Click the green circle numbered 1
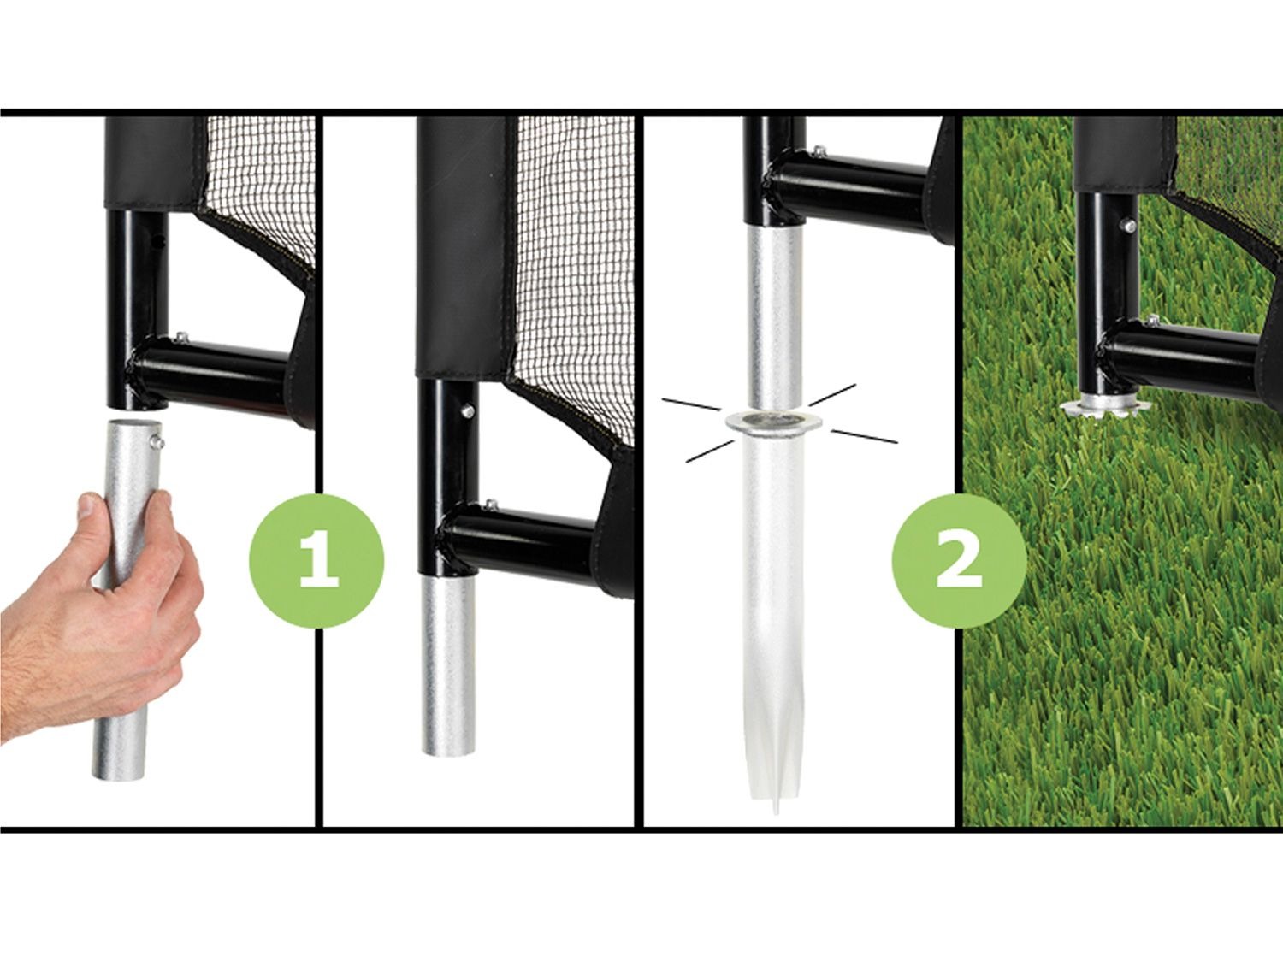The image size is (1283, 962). [316, 561]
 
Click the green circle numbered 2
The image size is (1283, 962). [959, 561]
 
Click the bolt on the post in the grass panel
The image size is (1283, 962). [1129, 226]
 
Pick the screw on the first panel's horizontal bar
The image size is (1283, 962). [181, 337]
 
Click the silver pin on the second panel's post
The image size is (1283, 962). [467, 412]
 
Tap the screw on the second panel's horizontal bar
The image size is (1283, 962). [492, 504]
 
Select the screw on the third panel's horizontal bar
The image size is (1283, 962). [820, 151]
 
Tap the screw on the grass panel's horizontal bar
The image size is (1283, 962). [1153, 320]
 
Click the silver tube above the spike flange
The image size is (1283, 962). [772, 318]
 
